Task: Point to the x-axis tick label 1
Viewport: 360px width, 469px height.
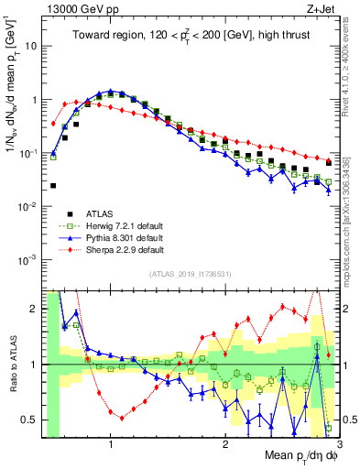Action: point(111,444)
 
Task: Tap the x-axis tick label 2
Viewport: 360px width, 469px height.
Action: point(224,444)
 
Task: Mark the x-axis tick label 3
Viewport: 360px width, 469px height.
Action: point(338,444)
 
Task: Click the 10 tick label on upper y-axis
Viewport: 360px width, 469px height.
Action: point(31,46)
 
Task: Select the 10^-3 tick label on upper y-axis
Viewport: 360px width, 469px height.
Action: point(29,259)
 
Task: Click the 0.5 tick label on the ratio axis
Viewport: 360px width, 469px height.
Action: point(31,420)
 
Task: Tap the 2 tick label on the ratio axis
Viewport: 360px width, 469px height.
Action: point(35,309)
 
